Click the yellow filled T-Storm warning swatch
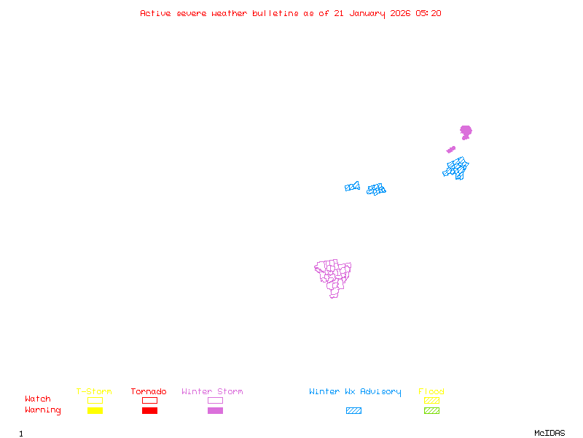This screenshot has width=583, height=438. [95, 411]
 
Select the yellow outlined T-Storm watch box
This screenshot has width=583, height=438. [95, 400]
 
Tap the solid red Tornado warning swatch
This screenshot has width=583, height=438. [149, 411]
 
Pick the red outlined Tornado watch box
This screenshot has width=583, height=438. [149, 400]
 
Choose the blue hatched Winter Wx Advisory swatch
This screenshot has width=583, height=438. [353, 411]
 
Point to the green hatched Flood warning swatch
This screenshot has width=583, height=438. [431, 411]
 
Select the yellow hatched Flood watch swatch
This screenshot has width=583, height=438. [431, 400]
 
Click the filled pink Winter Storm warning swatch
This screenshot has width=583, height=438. [215, 411]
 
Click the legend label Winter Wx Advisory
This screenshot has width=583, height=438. [355, 392]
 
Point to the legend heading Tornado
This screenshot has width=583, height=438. [149, 392]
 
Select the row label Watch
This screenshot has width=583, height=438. [38, 399]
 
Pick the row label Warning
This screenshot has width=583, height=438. [43, 410]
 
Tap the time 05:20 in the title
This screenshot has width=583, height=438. [428, 13]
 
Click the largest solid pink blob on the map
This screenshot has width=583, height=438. [466, 131]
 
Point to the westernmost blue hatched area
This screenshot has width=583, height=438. [352, 187]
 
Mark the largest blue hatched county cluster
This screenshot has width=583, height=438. [457, 169]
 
